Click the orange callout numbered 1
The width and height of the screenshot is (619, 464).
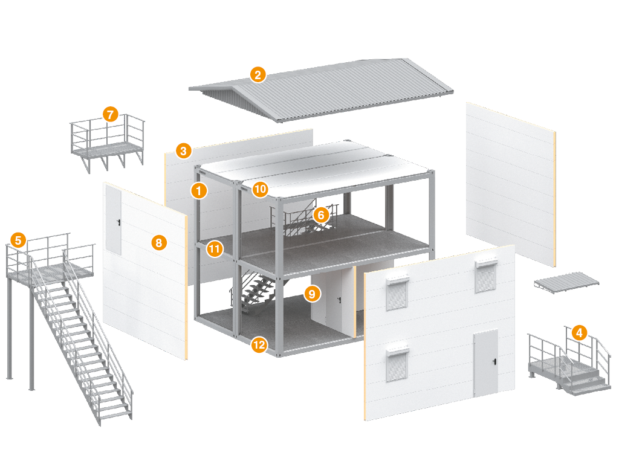click(x=198, y=191)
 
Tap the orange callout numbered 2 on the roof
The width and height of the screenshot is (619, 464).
click(x=258, y=75)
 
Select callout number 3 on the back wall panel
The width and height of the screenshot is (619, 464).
click(x=183, y=150)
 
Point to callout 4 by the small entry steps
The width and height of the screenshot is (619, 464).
click(x=579, y=332)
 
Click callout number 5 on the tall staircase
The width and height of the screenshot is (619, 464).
click(x=18, y=240)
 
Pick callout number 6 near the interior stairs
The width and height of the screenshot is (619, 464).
click(x=321, y=214)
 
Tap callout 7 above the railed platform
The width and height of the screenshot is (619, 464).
click(x=109, y=114)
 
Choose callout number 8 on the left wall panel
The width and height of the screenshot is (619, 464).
click(x=158, y=243)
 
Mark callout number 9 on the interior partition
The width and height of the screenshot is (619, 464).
click(x=311, y=294)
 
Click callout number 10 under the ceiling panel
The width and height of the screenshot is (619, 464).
click(x=260, y=189)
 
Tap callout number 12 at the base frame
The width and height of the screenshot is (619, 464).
click(x=259, y=345)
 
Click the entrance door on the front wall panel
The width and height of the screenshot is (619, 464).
click(x=485, y=362)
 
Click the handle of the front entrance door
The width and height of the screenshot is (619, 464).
click(x=494, y=362)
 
